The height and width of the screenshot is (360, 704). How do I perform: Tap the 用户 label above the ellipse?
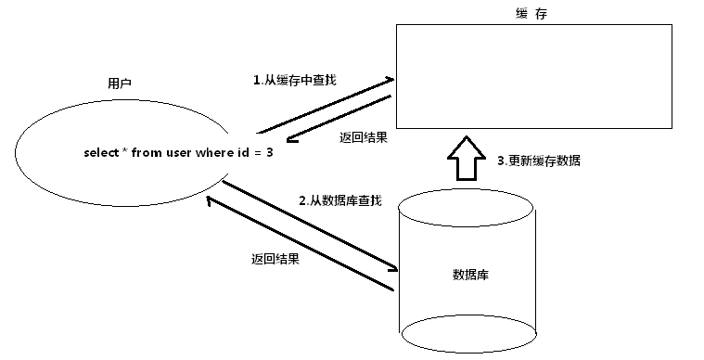click(x=120, y=84)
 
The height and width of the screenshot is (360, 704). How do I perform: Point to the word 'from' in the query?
click(x=147, y=152)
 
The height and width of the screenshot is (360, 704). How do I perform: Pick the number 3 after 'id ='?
click(x=270, y=152)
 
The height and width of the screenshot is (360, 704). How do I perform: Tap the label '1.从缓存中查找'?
click(x=294, y=81)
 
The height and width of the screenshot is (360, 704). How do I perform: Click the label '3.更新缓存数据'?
click(x=539, y=161)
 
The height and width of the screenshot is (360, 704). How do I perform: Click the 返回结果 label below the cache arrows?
click(x=364, y=137)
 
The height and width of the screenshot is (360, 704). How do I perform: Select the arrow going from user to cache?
click(x=325, y=105)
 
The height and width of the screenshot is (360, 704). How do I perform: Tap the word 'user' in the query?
click(x=178, y=152)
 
